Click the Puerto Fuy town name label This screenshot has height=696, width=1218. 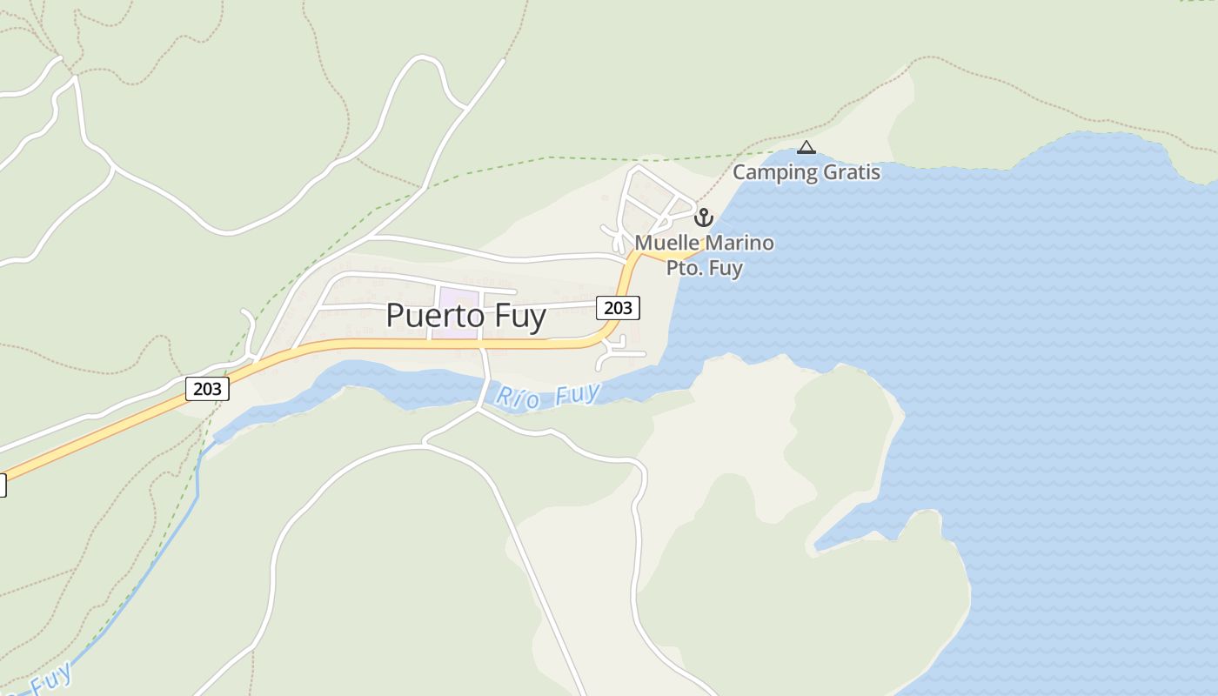[465, 316]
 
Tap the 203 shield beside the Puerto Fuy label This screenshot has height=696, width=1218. [618, 307]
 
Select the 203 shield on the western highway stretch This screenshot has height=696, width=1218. [207, 388]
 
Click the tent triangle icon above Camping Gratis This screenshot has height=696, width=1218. [806, 148]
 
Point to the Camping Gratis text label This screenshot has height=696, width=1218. [806, 172]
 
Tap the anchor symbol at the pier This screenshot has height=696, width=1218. [703, 217]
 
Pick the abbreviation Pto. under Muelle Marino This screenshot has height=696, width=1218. [684, 267]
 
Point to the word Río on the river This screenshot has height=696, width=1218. [514, 398]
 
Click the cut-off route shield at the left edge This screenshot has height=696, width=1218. [2, 485]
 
